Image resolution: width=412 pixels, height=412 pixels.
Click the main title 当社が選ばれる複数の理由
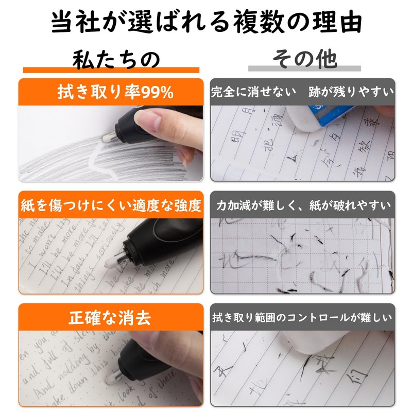click(206, 23)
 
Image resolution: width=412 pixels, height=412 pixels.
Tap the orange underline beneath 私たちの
click(111, 70)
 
